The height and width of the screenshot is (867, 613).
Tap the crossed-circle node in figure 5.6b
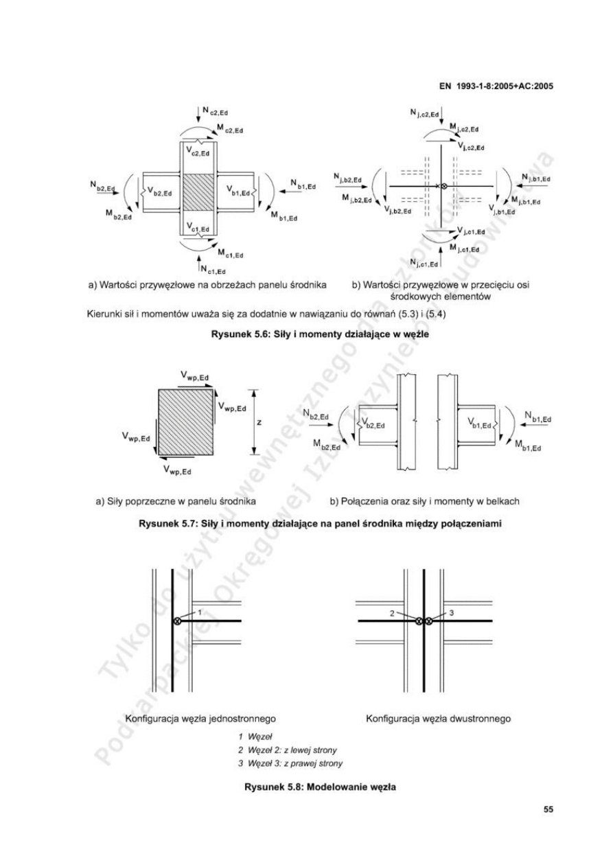pyautogui.click(x=443, y=187)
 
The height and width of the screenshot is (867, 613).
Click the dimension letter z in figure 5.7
pyautogui.click(x=259, y=423)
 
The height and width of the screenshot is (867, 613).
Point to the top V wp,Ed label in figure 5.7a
pyautogui.click(x=195, y=375)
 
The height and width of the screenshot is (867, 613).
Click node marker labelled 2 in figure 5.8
pyautogui.click(x=417, y=621)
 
